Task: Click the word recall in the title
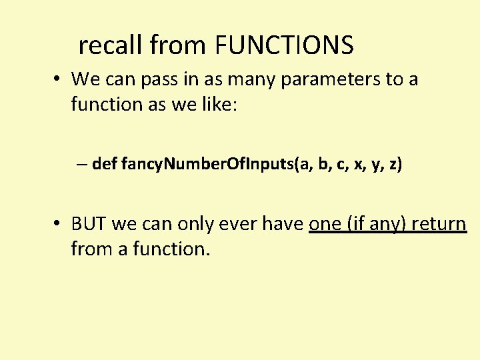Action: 111,45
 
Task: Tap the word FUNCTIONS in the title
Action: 285,45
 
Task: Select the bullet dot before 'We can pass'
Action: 59,79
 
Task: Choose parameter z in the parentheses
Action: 393,164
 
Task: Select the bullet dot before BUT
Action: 59,223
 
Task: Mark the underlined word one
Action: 325,224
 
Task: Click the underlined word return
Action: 439,224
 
